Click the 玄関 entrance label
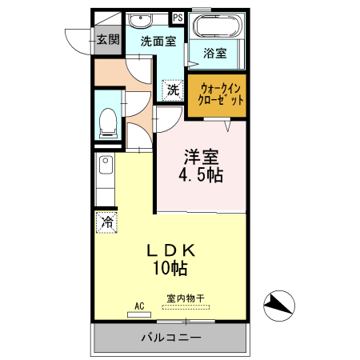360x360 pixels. coord(108,39)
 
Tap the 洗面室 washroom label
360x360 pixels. coord(158,42)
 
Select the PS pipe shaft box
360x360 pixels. coord(177,16)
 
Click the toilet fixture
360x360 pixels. coord(107,122)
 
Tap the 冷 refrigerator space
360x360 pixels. coord(106,222)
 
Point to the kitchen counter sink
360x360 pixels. coord(105,166)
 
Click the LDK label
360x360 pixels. coord(171,250)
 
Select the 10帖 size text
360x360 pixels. coord(171,269)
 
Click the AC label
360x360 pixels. coord(138,305)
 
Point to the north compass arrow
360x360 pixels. coord(278,303)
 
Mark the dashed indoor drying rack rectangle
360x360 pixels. coord(185,308)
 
